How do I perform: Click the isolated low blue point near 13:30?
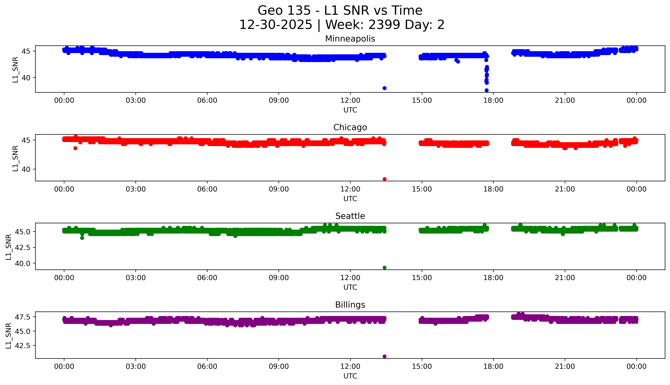(x=384, y=88)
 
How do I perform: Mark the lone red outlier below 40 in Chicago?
(x=384, y=179)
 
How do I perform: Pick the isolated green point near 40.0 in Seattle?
(x=384, y=268)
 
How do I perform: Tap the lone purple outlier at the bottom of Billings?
(x=384, y=356)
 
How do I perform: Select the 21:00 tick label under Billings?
(x=565, y=366)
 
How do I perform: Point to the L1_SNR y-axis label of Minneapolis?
(x=15, y=70)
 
